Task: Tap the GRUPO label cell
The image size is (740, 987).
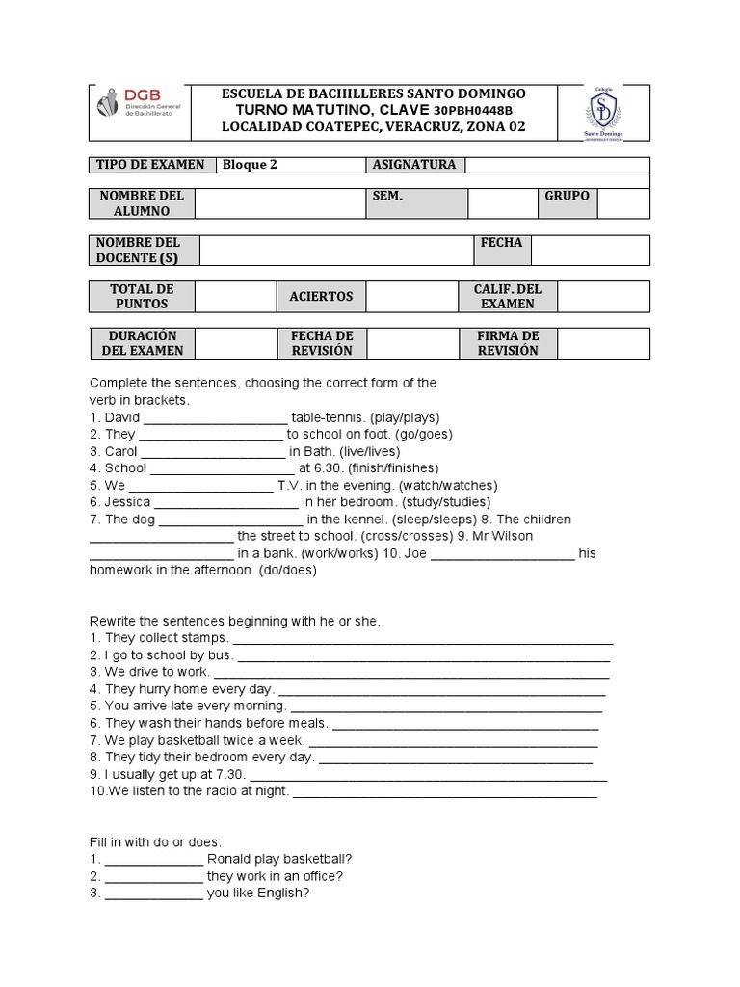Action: pos(567,196)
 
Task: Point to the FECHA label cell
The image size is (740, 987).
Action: pos(501,243)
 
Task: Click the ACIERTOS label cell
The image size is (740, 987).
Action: pos(321,297)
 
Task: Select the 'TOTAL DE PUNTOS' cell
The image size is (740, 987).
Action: pos(142,297)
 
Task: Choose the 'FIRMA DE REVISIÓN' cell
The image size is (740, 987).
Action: pos(508,343)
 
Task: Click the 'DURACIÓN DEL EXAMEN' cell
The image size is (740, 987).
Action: pos(142,343)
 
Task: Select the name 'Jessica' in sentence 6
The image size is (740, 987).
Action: pos(127,502)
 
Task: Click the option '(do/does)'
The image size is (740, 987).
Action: pos(286,570)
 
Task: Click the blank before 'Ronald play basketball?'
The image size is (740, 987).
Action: pos(153,860)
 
